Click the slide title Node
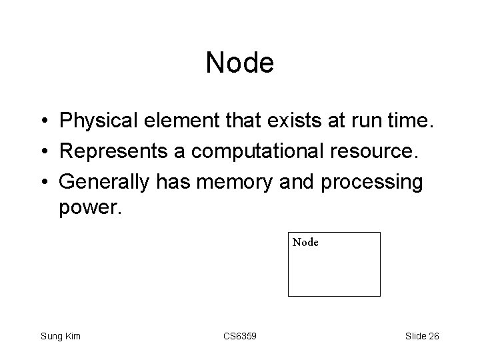[x=239, y=63]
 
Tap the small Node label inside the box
[x=305, y=243]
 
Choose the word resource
[x=377, y=153]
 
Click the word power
[x=90, y=209]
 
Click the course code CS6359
[x=239, y=336]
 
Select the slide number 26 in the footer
[x=433, y=336]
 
